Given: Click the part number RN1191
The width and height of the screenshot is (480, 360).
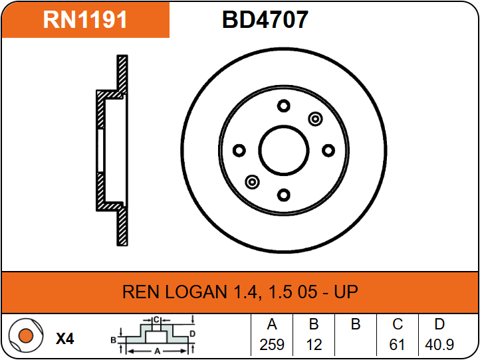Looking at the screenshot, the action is [85, 19].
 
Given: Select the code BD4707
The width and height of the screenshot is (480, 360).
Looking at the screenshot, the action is [265, 19].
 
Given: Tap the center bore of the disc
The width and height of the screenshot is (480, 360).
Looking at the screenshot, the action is [284, 151].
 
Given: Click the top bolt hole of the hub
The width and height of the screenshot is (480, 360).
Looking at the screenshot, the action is [284, 106].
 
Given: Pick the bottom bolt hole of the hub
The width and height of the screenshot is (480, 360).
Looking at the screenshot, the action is [284, 195].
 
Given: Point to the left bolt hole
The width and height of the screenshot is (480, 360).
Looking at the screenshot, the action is [239, 151].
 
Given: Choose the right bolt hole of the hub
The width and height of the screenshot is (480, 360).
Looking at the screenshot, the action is [328, 151].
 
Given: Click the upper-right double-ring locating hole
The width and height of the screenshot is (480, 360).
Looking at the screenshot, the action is [315, 119].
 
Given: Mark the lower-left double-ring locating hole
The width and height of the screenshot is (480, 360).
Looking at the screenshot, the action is [252, 182].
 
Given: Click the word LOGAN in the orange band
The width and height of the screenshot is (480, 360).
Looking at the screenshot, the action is [196, 292].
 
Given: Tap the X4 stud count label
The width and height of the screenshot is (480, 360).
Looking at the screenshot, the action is [65, 339].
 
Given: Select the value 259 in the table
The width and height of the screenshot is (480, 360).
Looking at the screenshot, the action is [272, 345].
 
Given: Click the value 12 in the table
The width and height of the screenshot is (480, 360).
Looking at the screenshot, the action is [314, 345].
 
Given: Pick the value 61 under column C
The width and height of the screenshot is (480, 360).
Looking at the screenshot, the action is [397, 345].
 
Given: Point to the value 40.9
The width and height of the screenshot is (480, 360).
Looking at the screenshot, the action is [439, 345].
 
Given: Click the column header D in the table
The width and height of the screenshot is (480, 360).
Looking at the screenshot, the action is [439, 324].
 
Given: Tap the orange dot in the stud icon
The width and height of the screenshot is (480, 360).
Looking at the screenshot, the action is [26, 335].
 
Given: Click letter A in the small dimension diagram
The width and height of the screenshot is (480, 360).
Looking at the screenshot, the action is [157, 351].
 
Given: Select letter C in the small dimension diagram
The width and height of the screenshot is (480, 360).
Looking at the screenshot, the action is [156, 320].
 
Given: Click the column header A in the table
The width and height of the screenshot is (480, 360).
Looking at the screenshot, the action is [272, 324].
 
